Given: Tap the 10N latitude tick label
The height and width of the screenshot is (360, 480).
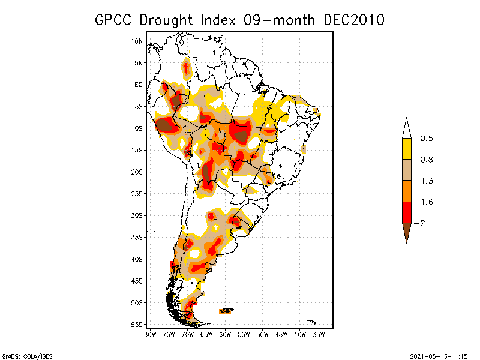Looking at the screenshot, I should [x=137, y=41].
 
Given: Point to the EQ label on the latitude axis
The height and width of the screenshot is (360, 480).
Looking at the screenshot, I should [x=139, y=85].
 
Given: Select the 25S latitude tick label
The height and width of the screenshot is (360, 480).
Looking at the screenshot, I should [x=137, y=193].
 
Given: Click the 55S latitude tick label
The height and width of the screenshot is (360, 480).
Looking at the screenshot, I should [x=137, y=324].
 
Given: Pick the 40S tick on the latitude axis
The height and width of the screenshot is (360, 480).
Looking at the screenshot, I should [x=137, y=259].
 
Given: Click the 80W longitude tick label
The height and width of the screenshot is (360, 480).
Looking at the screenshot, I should [x=150, y=334].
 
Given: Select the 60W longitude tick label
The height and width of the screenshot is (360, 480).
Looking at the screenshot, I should [x=225, y=334].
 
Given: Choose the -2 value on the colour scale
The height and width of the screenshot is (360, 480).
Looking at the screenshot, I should [x=423, y=223].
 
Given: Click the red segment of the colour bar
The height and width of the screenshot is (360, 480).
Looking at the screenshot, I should [x=406, y=212].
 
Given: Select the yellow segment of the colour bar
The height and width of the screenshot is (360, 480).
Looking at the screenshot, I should [x=406, y=149].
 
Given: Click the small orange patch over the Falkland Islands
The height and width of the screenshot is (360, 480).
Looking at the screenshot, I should [x=226, y=310].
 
